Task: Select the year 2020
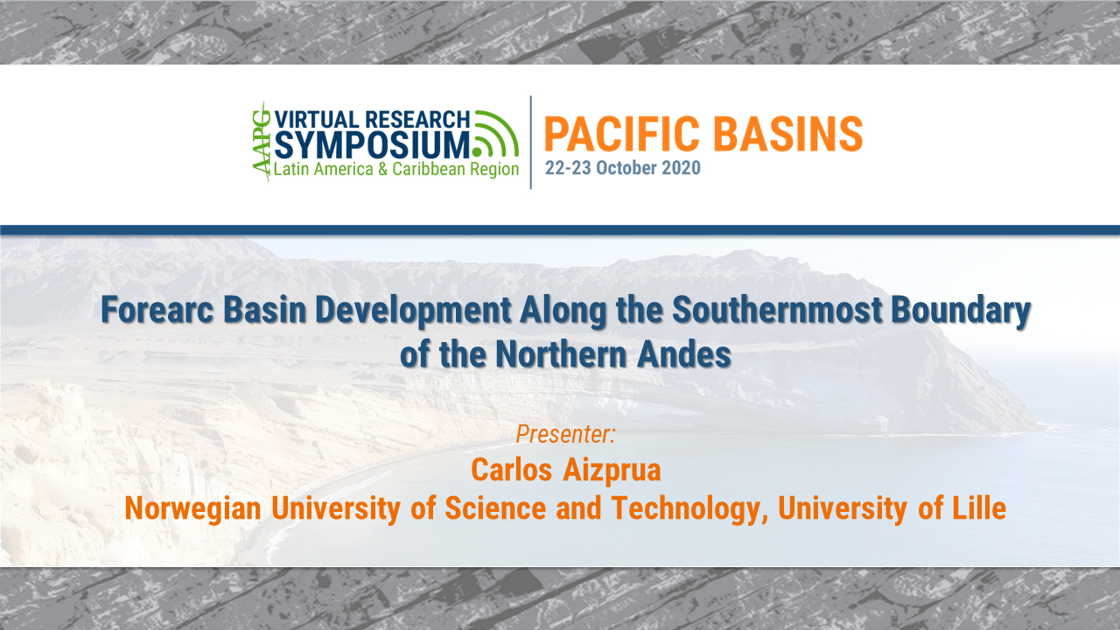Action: tap(682, 168)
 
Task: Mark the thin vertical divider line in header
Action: tap(531, 142)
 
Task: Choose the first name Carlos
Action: tap(507, 470)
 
